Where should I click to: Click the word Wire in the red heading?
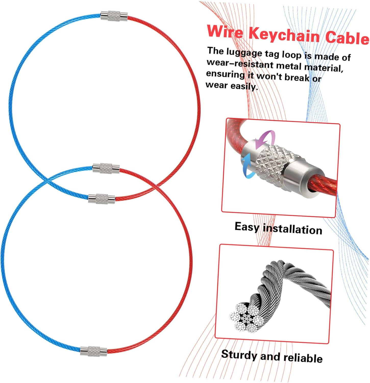[225, 31]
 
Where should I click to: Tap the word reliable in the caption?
[303, 358]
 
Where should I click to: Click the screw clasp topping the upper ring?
[114, 16]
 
